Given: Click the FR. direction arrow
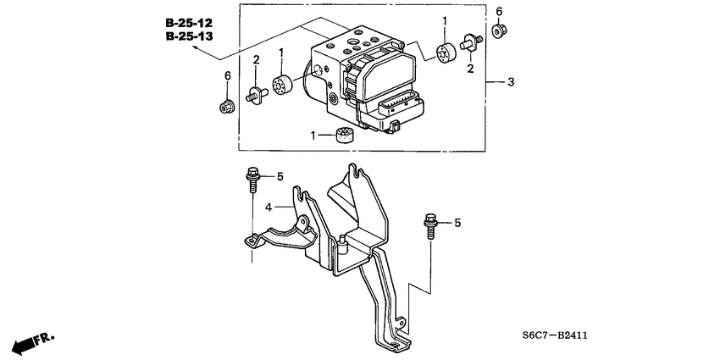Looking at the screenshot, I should (32, 342).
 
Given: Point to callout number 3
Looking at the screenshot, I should (511, 82).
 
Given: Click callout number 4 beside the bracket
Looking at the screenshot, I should (267, 207).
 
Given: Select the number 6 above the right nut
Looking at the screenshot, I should (499, 11).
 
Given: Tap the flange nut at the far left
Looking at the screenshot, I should (227, 107).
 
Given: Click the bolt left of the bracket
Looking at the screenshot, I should (252, 179).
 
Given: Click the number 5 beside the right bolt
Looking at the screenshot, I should (457, 223).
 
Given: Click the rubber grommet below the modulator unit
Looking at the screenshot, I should (342, 135).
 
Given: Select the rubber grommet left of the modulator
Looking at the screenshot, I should (282, 86).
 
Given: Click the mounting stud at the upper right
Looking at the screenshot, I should (470, 40).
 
